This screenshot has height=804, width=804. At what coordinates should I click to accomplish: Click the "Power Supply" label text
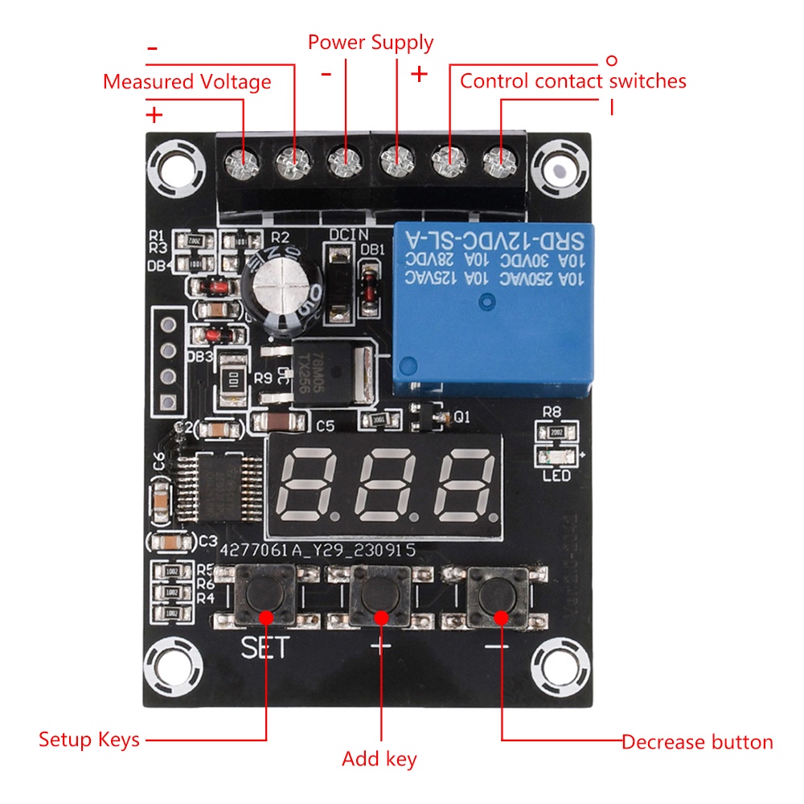click(x=370, y=43)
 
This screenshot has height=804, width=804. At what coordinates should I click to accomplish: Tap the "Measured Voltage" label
click(x=187, y=82)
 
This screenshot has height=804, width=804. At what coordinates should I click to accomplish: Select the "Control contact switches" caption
click(x=572, y=81)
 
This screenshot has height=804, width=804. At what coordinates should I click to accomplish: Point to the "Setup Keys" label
click(x=89, y=740)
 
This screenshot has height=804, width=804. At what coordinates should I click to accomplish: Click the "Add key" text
click(x=379, y=759)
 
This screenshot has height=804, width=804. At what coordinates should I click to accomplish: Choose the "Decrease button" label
click(x=697, y=742)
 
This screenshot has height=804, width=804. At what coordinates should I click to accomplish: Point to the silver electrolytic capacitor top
click(x=275, y=285)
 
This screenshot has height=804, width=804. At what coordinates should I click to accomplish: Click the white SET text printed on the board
click(x=264, y=648)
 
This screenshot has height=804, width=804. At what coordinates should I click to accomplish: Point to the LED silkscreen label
click(x=556, y=476)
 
